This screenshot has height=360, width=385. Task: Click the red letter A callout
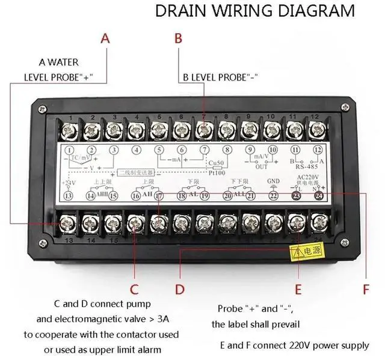pyautogui.click(x=105, y=39)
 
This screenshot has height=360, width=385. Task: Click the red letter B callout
pyautogui.click(x=178, y=39)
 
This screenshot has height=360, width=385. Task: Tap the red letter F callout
pyautogui.click(x=365, y=289)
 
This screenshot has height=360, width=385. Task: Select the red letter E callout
pyautogui.click(x=298, y=289)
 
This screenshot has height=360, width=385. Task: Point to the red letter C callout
pyautogui.click(x=135, y=288)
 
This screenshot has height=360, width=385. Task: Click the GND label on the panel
pyautogui.click(x=274, y=180)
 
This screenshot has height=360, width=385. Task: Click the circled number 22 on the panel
pyautogui.click(x=274, y=195)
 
